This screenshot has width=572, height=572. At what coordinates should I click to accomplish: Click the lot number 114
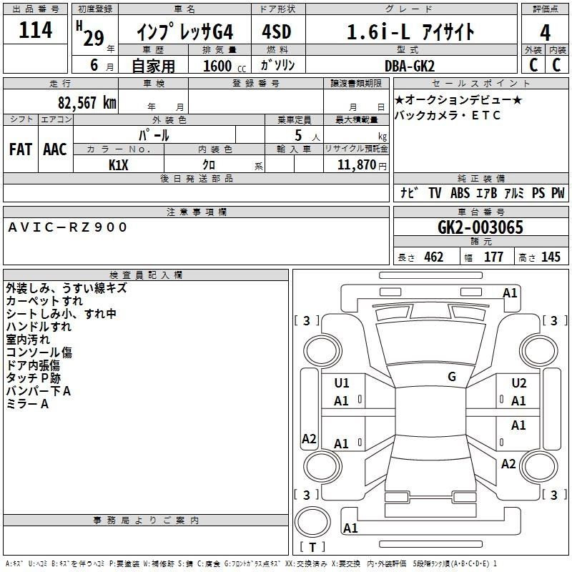[x=35, y=30]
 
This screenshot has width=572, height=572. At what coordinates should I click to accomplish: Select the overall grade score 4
[x=545, y=33]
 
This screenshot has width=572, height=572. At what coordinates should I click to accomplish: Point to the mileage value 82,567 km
[x=87, y=102]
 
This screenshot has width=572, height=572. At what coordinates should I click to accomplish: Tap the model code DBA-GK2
[x=410, y=66]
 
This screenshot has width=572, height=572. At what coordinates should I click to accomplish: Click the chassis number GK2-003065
[x=480, y=227]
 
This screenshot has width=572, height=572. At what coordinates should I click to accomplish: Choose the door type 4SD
[x=277, y=31]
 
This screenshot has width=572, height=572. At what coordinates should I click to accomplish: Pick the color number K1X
[x=118, y=165]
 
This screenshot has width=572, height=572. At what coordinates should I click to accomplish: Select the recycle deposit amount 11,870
[x=356, y=165]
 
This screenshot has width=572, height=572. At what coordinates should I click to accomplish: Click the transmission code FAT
[x=21, y=149]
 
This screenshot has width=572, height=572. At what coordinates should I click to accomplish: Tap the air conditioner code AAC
[x=55, y=149]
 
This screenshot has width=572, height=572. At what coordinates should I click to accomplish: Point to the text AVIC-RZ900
[x=67, y=227]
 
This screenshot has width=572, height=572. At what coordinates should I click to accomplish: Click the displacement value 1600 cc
[x=225, y=66]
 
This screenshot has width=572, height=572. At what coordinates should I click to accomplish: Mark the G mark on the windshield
[x=452, y=377]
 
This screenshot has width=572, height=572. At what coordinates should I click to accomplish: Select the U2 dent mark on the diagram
[x=519, y=383]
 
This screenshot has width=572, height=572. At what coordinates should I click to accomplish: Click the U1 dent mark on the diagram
[x=342, y=383]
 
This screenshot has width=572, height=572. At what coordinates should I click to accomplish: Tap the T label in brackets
[x=312, y=547]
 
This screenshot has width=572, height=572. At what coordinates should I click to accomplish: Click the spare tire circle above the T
[x=312, y=522]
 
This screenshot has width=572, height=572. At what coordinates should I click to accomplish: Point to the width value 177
[x=493, y=257]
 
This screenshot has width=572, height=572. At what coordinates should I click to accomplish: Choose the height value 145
[x=551, y=257]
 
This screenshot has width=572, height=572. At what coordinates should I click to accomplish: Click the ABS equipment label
[x=460, y=192]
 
